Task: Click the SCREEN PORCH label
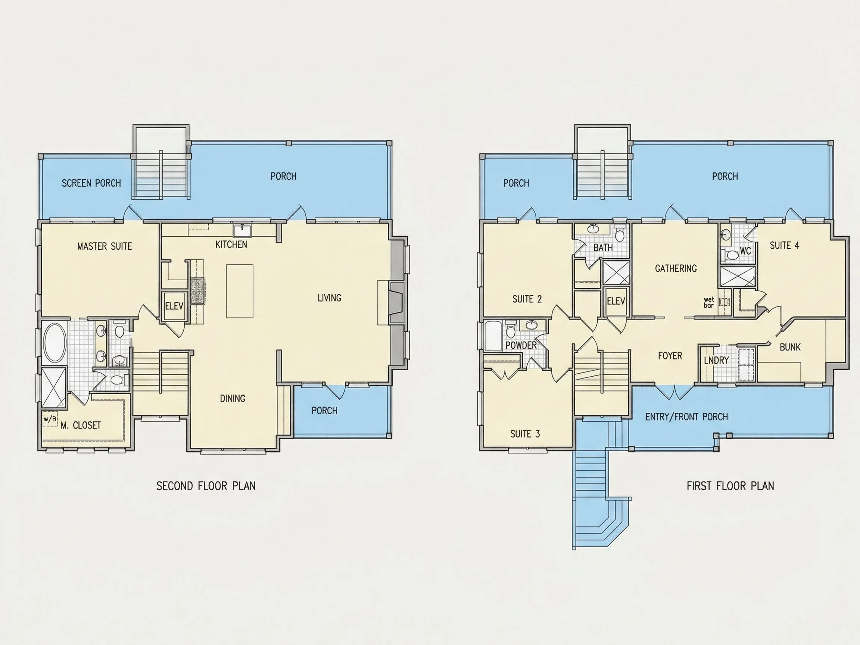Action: coord(91,183)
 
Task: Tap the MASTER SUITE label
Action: coord(105,246)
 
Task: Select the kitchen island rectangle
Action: coord(240,291)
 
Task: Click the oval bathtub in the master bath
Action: coord(54,343)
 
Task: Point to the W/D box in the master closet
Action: coord(50,419)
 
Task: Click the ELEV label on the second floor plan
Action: coord(174,306)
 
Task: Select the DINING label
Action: coord(233,399)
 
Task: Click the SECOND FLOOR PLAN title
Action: coord(206,486)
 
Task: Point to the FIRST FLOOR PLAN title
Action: coord(730,486)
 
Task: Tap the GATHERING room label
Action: coord(676,268)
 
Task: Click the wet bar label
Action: coord(709,302)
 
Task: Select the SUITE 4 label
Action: coord(785,245)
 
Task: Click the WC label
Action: coord(745,251)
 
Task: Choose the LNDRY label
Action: coord(716,361)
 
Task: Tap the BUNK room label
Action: coord(790,347)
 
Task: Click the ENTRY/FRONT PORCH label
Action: coord(686,417)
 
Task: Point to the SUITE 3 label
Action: coord(525,434)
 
